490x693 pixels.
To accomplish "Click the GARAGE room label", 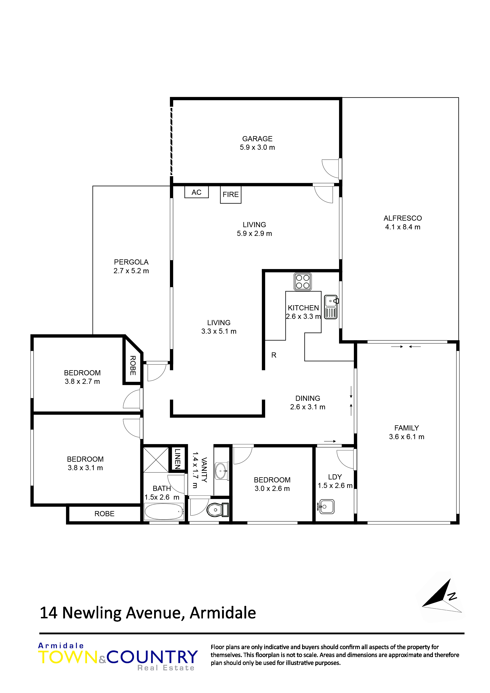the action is [257, 139].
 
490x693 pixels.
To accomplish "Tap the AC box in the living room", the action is [197, 192].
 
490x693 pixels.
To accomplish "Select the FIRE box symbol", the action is [231, 195].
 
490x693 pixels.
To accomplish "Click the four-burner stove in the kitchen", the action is [302, 282].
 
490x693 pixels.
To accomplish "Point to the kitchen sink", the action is [331, 307].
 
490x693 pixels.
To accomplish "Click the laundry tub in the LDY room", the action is [326, 507].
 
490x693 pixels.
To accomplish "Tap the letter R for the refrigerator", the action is [274, 355].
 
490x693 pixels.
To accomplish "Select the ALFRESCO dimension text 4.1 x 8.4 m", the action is [402, 227].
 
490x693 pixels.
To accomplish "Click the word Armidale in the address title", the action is [223, 613].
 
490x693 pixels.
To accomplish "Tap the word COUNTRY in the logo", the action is [152, 657].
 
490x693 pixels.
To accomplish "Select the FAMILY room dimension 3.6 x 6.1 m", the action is [406, 437].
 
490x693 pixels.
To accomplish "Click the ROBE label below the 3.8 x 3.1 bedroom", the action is [105, 514].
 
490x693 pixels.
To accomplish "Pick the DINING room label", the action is [308, 398].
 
